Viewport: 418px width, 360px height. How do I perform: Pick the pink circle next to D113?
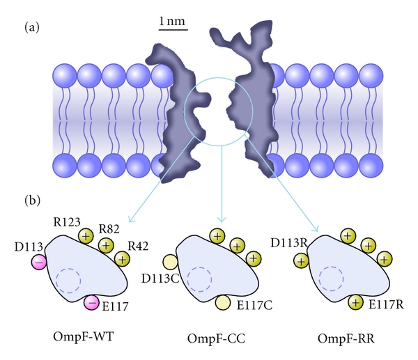[x=39, y=262]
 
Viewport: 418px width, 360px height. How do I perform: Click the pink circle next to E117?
[x=91, y=303]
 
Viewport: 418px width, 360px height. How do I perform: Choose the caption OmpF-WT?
[x=85, y=337]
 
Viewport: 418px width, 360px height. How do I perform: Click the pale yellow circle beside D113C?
[x=170, y=262]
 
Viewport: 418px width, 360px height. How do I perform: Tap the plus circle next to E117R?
[x=356, y=302]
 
